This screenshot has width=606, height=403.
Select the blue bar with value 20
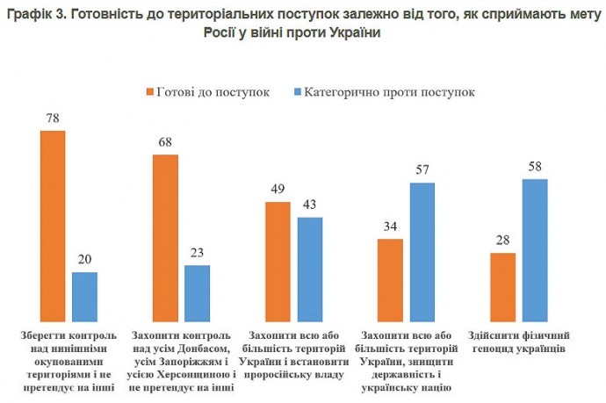click(x=84, y=299)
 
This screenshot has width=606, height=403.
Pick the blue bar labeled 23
click(x=198, y=295)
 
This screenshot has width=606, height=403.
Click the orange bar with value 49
click(x=278, y=263)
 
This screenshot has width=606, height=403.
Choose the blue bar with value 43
click(x=310, y=270)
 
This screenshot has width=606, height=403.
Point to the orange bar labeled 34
click(x=390, y=281)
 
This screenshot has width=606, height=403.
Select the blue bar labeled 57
click(x=422, y=254)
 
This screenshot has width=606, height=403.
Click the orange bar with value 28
click(x=502, y=289)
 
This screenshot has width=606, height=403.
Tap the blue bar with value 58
click(x=535, y=252)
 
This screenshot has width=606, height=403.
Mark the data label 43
click(x=310, y=205)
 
